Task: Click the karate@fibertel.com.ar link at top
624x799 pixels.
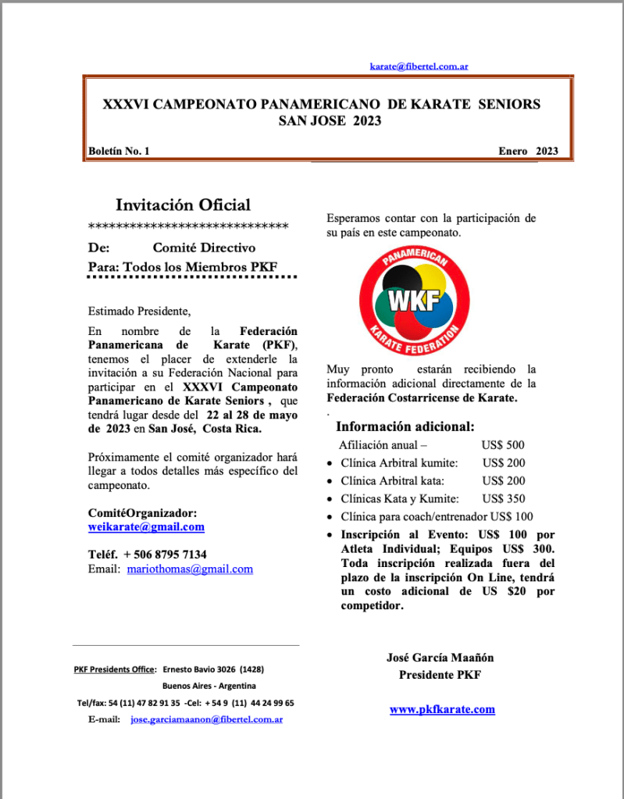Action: click(x=419, y=67)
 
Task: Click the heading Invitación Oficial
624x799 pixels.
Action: click(x=183, y=205)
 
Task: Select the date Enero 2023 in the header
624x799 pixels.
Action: click(x=528, y=152)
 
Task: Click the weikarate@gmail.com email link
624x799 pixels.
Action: click(x=146, y=527)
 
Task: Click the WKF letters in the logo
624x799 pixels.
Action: click(x=415, y=301)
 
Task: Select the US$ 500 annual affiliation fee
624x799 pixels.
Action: click(x=503, y=445)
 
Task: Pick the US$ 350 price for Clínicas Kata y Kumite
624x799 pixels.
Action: click(x=503, y=499)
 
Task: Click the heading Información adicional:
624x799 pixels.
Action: click(x=405, y=427)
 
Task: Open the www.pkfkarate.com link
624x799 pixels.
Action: click(x=442, y=710)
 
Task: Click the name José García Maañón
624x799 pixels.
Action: click(x=440, y=658)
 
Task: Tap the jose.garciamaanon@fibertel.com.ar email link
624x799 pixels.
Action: click(x=206, y=719)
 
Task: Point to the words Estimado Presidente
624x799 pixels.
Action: click(x=139, y=312)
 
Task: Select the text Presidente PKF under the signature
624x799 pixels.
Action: click(x=440, y=675)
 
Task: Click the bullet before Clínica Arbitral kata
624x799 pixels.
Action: click(x=330, y=482)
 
